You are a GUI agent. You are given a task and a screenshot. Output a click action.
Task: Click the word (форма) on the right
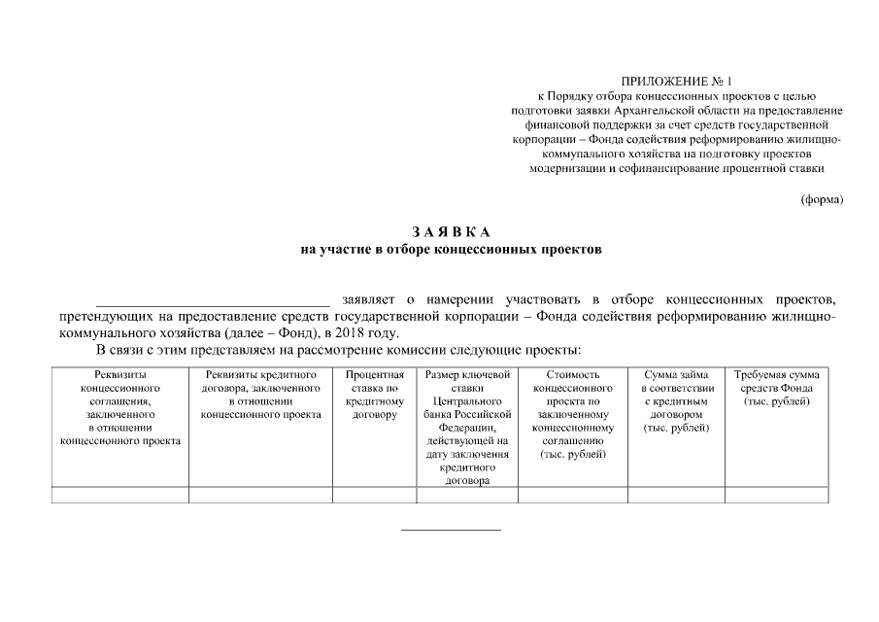[x=822, y=199]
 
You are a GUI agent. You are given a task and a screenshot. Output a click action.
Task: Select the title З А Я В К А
[x=452, y=231]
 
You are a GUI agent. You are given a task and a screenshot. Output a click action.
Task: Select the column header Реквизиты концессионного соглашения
[x=120, y=407]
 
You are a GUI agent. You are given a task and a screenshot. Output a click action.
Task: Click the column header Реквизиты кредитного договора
[x=260, y=394]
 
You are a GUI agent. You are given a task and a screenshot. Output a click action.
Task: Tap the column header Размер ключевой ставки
[x=467, y=427]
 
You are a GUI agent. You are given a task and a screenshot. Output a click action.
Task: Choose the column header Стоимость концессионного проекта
[x=573, y=414]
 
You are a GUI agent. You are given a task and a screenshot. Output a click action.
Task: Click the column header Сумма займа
[x=676, y=400]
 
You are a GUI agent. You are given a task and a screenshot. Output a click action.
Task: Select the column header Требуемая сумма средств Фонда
[x=776, y=388]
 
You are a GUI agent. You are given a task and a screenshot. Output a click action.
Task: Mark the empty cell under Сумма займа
[x=676, y=495]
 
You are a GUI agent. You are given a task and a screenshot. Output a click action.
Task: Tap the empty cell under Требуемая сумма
[x=776, y=495]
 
